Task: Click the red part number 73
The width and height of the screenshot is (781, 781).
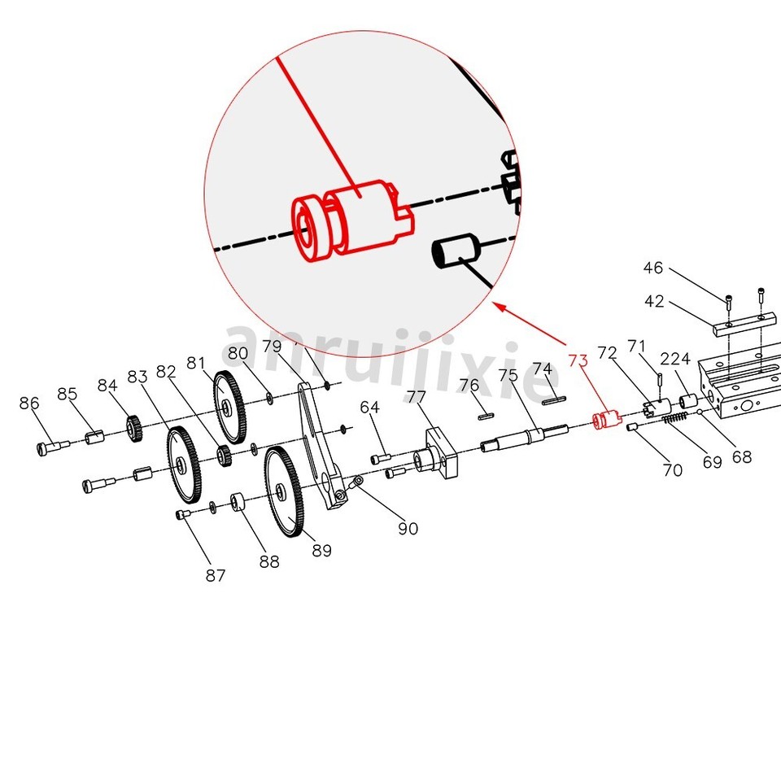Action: pyautogui.click(x=578, y=360)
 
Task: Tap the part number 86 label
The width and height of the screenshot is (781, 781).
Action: pyautogui.click(x=29, y=403)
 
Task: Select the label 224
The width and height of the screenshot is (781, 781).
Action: pyautogui.click(x=675, y=359)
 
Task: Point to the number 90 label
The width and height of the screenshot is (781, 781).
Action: pyautogui.click(x=408, y=528)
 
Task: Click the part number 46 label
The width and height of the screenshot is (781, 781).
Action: pyautogui.click(x=653, y=268)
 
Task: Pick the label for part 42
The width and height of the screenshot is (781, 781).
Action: pyautogui.click(x=654, y=301)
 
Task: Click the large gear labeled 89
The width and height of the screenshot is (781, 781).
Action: pyautogui.click(x=286, y=492)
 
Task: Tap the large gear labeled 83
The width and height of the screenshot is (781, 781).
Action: pyautogui.click(x=185, y=465)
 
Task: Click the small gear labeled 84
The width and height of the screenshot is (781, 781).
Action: pyautogui.click(x=133, y=429)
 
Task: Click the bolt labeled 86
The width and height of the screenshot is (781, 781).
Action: pyautogui.click(x=52, y=446)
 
